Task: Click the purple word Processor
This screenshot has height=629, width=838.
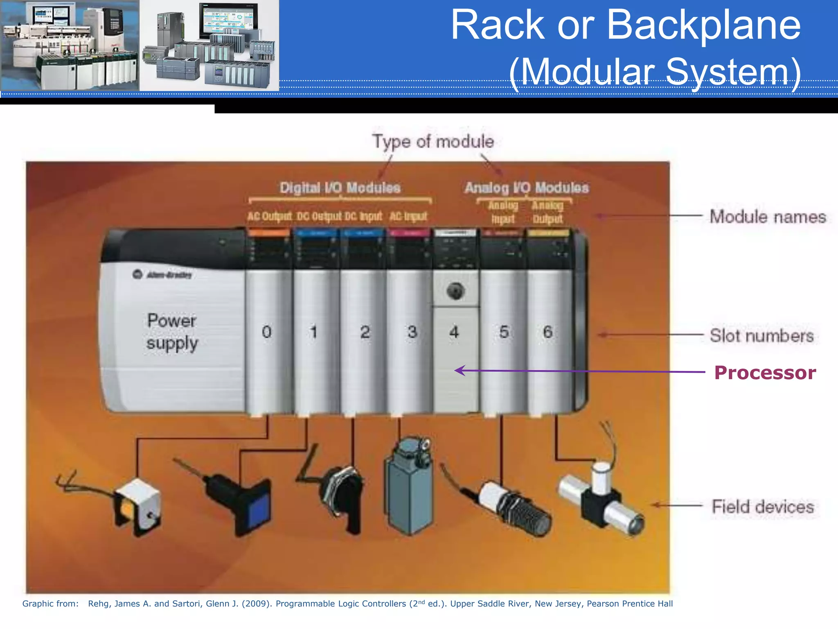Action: tap(765, 373)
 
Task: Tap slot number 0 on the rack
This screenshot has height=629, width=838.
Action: tap(267, 332)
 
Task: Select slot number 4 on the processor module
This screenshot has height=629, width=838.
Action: tap(454, 332)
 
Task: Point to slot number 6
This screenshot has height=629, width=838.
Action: tap(547, 332)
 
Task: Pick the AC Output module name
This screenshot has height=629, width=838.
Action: tap(269, 216)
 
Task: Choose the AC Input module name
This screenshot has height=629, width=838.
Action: tap(408, 216)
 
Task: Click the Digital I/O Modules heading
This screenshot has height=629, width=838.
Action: tap(340, 188)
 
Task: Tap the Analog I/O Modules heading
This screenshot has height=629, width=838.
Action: tap(527, 188)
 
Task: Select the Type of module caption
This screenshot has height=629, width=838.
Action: tap(433, 142)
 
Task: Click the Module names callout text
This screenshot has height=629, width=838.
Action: tap(768, 217)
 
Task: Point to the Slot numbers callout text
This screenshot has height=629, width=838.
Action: tap(761, 336)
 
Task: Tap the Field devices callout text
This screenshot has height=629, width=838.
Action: tap(763, 507)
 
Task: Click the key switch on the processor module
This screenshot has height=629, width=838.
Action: tap(455, 291)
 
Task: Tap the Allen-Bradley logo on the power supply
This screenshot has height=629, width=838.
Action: tap(162, 274)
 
